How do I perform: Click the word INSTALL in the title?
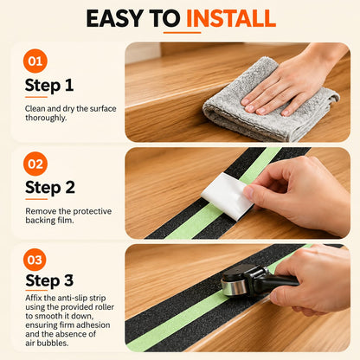(231, 18)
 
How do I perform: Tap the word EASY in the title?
(115, 18)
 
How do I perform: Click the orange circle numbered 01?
(35, 61)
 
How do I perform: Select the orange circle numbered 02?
(35, 164)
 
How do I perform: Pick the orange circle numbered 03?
(35, 260)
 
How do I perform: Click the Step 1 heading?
(49, 86)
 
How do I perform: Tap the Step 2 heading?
(50, 188)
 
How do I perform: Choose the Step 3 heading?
(49, 280)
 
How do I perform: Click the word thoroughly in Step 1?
(46, 118)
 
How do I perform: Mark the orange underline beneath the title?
(182, 33)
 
